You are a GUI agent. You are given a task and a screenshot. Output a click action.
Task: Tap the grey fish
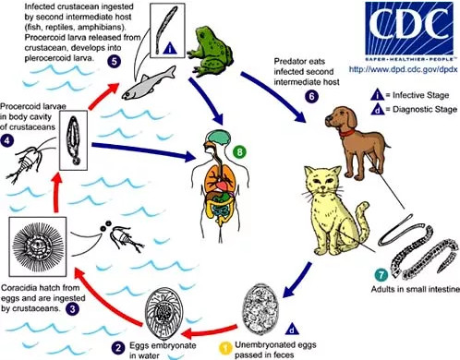(149, 82)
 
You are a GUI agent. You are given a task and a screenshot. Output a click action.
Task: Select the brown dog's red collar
(347, 133)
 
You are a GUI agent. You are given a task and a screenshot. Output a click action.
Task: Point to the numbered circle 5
(114, 61)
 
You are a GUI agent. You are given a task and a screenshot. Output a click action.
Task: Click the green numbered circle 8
(239, 151)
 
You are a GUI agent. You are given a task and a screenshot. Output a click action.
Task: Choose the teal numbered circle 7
(381, 275)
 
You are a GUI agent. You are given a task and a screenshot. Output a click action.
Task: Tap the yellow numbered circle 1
(225, 349)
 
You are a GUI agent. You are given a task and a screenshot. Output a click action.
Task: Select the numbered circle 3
(72, 308)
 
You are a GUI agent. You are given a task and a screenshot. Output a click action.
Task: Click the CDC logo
(409, 30)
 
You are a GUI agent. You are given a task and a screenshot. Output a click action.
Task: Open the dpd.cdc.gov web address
(404, 69)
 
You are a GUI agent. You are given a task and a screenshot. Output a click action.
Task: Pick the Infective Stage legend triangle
(377, 95)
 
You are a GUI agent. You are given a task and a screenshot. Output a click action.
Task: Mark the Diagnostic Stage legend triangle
(377, 109)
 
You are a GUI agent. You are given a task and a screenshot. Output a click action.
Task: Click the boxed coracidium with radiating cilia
(38, 246)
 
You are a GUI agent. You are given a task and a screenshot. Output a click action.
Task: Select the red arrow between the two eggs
(209, 330)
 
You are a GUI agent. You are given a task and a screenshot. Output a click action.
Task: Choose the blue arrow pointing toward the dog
(273, 95)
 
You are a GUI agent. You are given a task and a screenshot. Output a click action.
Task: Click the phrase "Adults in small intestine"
(415, 290)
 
